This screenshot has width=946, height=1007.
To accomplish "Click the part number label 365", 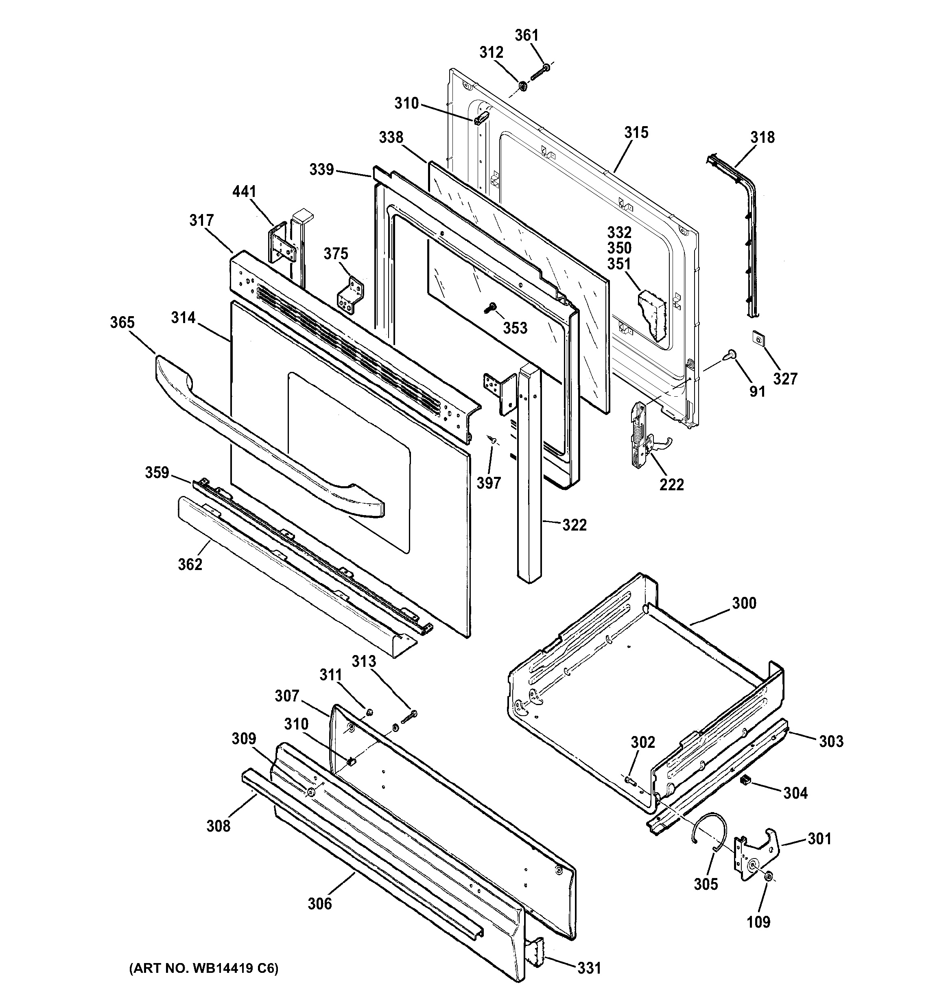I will [122, 323].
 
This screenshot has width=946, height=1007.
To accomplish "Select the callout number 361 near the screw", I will [527, 35].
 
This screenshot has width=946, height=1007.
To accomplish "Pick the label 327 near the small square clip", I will [785, 378].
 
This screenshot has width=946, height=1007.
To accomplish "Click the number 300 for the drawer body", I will [744, 603].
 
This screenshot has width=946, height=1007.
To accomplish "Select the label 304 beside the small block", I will [795, 793].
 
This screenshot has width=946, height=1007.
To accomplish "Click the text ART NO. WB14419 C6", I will [203, 968].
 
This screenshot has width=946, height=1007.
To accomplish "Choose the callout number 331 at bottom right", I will [590, 968].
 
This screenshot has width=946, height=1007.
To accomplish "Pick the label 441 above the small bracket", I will [244, 192].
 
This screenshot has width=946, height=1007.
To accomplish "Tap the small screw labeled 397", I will [491, 440].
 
